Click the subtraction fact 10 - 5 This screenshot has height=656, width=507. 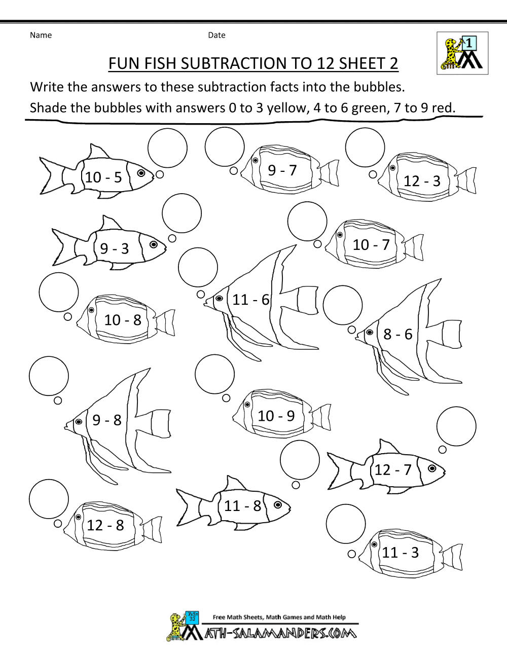tap(103, 177)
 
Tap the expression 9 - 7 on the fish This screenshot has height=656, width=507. tap(282, 170)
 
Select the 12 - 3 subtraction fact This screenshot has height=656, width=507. tap(422, 181)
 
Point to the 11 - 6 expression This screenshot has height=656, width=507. tap(250, 300)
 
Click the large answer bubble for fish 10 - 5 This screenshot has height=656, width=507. tap(167, 148)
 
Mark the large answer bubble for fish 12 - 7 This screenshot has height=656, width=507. tap(456, 426)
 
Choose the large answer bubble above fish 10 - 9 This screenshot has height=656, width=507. tap(214, 374)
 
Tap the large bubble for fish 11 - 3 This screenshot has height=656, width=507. tap(346, 524)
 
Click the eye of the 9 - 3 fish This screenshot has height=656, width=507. tap(154, 245)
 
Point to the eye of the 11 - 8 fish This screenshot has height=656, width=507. tap(278, 505)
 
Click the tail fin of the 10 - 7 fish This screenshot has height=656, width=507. tap(414, 247)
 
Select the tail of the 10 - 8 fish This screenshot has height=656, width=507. tap(165, 323)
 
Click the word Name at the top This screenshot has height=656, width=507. tap(41, 35)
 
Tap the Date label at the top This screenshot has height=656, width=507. tap(216, 35)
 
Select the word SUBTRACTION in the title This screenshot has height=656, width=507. tap(234, 63)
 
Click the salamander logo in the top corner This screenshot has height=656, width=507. tap(462, 53)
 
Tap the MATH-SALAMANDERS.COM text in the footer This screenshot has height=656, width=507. tap(280, 633)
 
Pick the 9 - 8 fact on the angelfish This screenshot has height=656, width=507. tap(107, 420)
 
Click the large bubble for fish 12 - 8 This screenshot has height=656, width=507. tap(49, 499)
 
